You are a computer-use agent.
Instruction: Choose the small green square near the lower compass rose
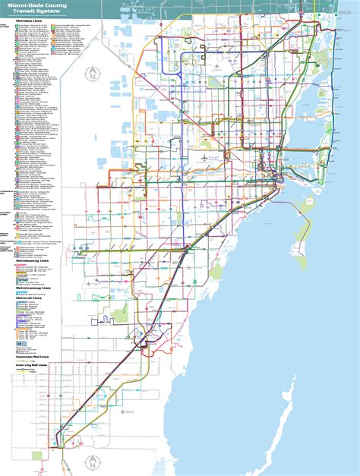pos(36,456)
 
